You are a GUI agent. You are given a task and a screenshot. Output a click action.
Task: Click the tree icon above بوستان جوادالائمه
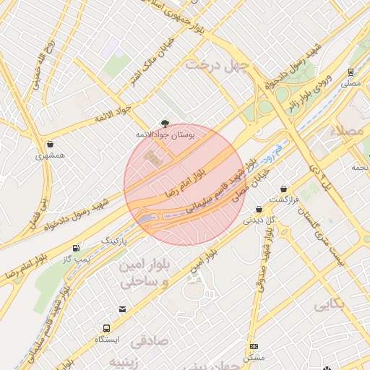[165, 124]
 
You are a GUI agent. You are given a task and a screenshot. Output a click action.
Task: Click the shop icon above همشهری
[49, 144]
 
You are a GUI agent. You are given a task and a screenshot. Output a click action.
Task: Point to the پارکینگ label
[113, 238]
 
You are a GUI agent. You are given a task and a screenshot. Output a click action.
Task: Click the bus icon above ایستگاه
[107, 327]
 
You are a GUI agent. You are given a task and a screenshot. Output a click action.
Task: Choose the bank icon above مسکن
[254, 346]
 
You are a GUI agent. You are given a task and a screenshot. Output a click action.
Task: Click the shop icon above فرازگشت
[283, 188]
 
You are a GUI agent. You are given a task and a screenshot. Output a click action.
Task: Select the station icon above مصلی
[350, 72]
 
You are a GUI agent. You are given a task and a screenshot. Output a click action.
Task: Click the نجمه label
[359, 167]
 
